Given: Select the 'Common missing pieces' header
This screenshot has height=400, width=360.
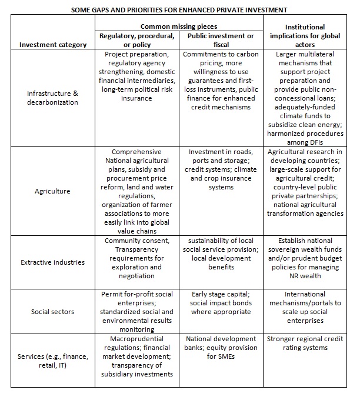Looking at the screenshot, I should point(178,26).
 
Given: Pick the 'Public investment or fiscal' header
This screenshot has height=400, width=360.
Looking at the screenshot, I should point(221,40).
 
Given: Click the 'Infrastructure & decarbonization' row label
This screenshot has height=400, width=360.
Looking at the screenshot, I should point(52,98).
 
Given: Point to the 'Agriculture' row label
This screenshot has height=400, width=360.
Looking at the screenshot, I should point(52,191).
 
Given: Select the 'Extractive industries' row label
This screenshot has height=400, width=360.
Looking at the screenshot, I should point(52,262).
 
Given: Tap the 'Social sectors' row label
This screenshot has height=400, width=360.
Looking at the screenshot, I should point(52,311).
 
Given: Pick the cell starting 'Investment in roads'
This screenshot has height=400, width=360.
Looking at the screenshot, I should point(221,169).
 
